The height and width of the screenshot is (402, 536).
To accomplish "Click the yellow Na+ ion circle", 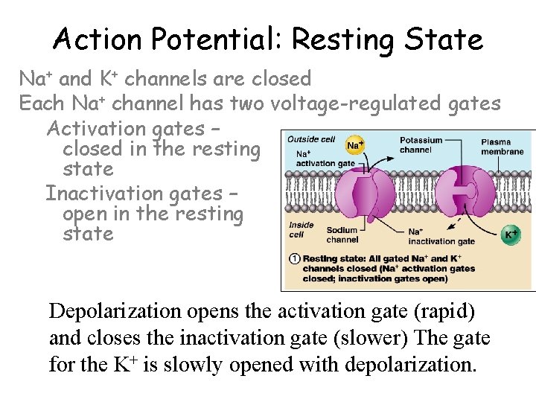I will click(x=356, y=144).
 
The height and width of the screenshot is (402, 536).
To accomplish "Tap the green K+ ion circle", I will click(x=511, y=234).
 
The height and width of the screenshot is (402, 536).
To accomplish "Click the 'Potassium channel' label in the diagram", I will click(x=421, y=144).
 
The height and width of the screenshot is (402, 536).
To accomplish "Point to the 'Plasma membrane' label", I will click(x=502, y=147).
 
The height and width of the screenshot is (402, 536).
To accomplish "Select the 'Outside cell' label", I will click(x=311, y=139).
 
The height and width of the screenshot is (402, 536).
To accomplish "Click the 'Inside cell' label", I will click(x=301, y=229).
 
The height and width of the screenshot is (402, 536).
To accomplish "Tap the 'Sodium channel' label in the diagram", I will click(x=342, y=235).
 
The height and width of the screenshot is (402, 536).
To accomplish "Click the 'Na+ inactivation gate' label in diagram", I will click(x=441, y=236).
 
